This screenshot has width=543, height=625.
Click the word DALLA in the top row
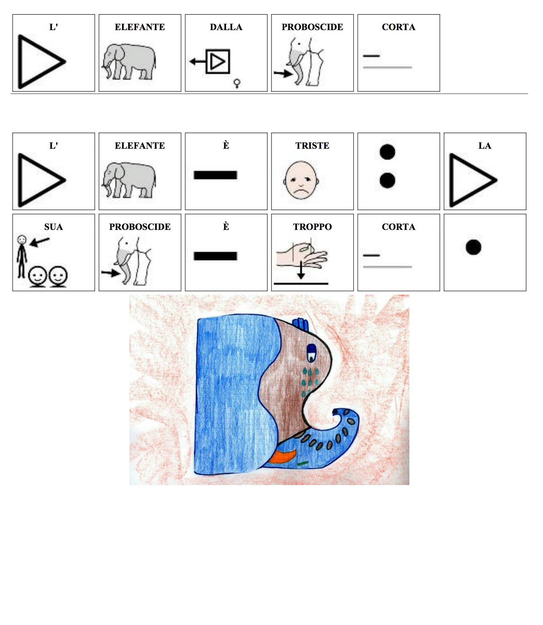226,27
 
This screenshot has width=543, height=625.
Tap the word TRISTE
312,146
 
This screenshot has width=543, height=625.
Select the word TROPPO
312,227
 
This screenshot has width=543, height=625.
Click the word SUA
54,227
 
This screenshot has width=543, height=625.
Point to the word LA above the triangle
485,146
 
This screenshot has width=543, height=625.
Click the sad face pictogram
301,180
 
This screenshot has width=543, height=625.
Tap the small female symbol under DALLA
237,83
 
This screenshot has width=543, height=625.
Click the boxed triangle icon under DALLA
218,62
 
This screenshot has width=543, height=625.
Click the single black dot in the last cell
473,247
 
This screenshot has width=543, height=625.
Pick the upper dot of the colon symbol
387,152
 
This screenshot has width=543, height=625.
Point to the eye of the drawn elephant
311,353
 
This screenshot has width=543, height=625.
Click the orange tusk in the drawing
282,456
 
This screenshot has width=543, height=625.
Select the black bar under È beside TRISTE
216,175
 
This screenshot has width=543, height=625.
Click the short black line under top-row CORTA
372,56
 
